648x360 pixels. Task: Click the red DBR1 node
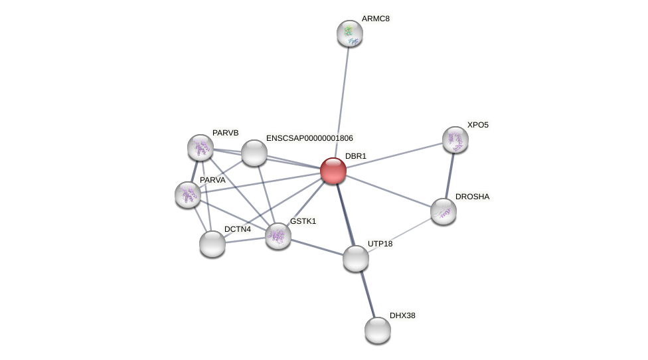coord(333,171)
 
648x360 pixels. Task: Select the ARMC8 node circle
coord(350,33)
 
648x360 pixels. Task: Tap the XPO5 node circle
coord(455,139)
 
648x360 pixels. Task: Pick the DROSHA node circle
coord(444,211)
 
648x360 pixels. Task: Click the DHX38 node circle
coord(378,330)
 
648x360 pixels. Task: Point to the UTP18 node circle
coord(356,258)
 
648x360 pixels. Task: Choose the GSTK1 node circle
coord(278,236)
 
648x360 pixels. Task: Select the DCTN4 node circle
coord(212,244)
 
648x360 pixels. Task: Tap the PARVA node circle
coord(188,195)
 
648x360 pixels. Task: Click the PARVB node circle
coord(201,147)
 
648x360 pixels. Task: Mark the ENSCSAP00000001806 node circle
coord(254,153)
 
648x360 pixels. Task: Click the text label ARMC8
coord(376,19)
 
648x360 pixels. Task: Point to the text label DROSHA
coord(472,197)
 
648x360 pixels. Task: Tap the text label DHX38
coord(402,315)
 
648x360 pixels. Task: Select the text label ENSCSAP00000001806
coord(309,138)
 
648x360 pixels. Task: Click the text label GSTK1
coord(303,221)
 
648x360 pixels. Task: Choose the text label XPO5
coord(477,125)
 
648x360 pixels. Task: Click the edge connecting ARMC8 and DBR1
coord(342,100)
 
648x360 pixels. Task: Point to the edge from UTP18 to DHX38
coord(367,295)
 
